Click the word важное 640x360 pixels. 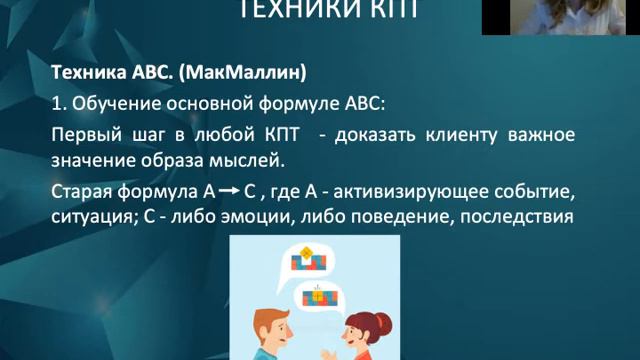coord(541,134)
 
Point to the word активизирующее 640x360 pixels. coord(426,191)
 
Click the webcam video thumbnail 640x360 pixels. coord(560,17)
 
